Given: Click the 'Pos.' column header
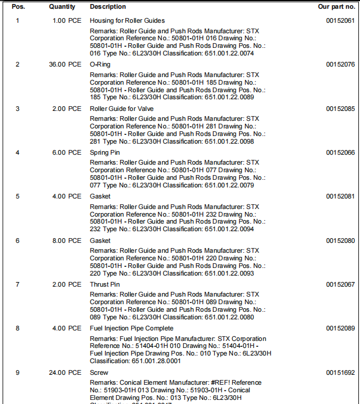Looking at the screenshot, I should click(18, 7).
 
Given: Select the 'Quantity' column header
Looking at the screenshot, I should click(62, 7).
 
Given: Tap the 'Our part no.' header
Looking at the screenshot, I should click(336, 7).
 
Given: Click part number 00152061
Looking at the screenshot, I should click(340, 21).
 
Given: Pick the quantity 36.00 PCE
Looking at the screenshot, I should click(65, 65).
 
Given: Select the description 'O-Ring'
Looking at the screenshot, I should click(100, 65).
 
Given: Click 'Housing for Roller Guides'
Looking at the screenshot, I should click(127, 21).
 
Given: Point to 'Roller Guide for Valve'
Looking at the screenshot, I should click(121, 109).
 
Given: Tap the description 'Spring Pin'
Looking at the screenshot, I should click(105, 152).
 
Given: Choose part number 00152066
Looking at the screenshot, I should click(340, 152).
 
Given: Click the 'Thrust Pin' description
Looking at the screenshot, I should click(105, 284).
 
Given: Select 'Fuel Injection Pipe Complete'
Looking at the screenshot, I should click(131, 328).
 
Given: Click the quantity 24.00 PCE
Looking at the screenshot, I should click(65, 372).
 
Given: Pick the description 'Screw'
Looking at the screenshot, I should click(99, 372).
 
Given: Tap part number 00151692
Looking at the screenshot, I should click(340, 372).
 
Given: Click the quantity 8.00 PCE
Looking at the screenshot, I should click(67, 241).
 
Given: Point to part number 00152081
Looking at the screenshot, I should click(340, 196).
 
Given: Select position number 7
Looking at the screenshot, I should click(18, 284).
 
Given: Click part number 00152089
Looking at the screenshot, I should click(340, 328).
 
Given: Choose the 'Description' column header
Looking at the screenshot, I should click(107, 7).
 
